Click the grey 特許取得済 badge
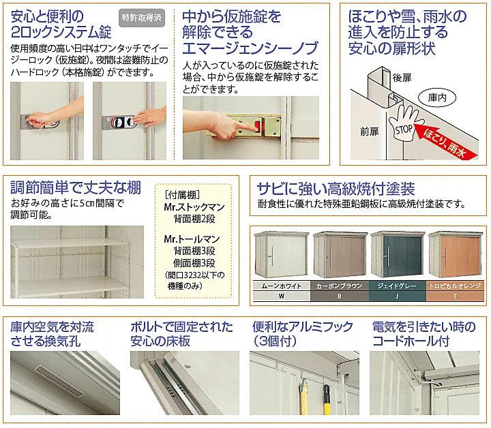pos(142,18)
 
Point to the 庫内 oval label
pos(437,98)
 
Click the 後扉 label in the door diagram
pos(402,78)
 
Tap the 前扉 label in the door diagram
pos(370,132)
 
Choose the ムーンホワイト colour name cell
pos(282,286)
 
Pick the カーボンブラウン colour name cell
pos(340,286)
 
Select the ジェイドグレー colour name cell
pos(397,286)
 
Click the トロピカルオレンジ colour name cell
pos(455,286)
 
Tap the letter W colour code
pos(282,296)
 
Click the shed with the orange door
pos(456,255)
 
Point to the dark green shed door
pos(403,256)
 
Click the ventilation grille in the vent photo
pos(59,380)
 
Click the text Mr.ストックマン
pos(194,207)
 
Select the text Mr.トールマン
pos(192,239)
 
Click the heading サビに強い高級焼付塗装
pos(336,189)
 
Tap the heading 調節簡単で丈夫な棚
pos(76,187)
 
